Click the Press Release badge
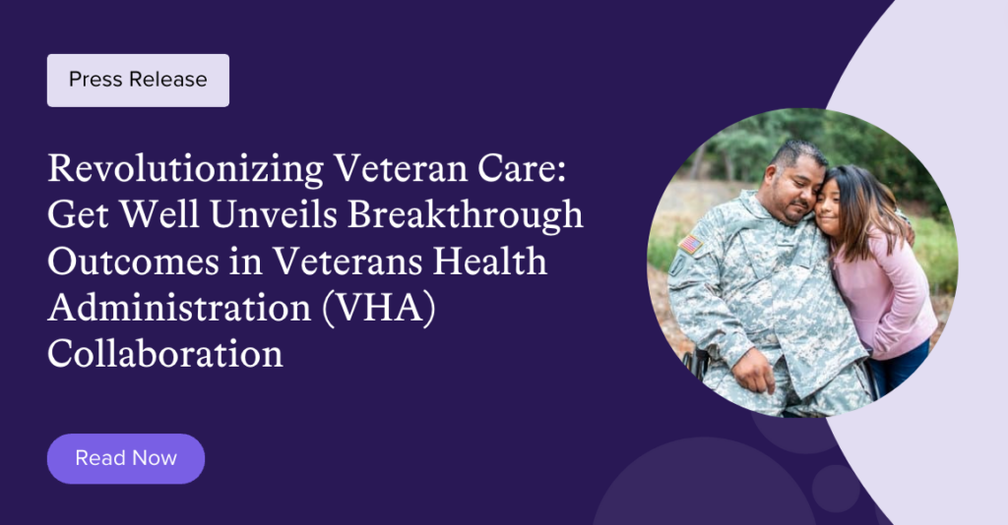click(138, 80)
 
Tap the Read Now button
click(126, 458)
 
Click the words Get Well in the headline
click(118, 215)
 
